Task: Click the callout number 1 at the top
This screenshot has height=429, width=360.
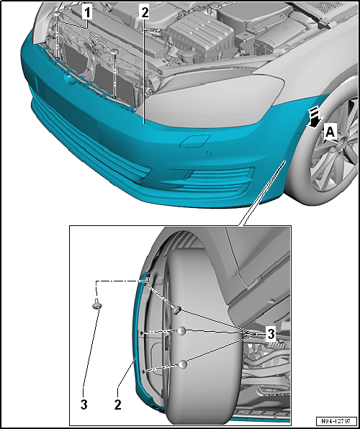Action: (x=87, y=12)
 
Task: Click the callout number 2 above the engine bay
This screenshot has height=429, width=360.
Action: (x=144, y=12)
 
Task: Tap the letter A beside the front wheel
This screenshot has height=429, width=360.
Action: (x=330, y=133)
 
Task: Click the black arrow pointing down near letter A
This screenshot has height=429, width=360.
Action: (x=313, y=117)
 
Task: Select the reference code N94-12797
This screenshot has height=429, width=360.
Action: (x=336, y=421)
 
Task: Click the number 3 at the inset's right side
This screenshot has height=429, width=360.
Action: (x=271, y=334)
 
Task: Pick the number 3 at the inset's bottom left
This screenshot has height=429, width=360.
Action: (x=84, y=405)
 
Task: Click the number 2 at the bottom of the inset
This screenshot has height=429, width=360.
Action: (x=117, y=405)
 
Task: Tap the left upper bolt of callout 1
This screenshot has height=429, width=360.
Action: (x=57, y=15)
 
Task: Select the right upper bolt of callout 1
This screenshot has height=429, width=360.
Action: (x=114, y=52)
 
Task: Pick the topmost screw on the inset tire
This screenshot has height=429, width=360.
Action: (x=176, y=310)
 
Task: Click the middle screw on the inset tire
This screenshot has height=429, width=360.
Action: (x=181, y=331)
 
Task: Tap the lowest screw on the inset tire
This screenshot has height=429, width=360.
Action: (x=182, y=364)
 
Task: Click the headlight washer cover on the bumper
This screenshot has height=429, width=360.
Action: (x=194, y=140)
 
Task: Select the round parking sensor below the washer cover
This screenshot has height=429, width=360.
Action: (x=209, y=153)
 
